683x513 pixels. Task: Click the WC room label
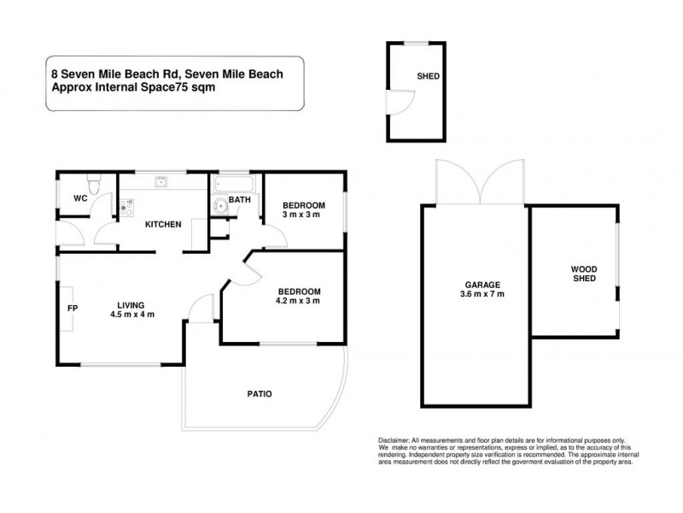[x=81, y=198]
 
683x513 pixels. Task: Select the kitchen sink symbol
[x=161, y=181]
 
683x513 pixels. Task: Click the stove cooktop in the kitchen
[x=128, y=204]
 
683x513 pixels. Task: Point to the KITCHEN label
[x=162, y=225]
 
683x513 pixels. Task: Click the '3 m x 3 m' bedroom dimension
[x=303, y=215]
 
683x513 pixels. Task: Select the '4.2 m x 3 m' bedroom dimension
[x=297, y=301]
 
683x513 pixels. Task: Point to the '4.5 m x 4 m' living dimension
[x=131, y=315]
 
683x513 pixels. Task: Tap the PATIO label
[x=260, y=394]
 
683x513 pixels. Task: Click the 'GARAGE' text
[x=482, y=285]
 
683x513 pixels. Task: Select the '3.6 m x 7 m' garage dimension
[x=482, y=295]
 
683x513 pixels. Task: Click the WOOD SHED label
[x=584, y=274]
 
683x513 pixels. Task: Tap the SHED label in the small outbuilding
[x=428, y=76]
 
